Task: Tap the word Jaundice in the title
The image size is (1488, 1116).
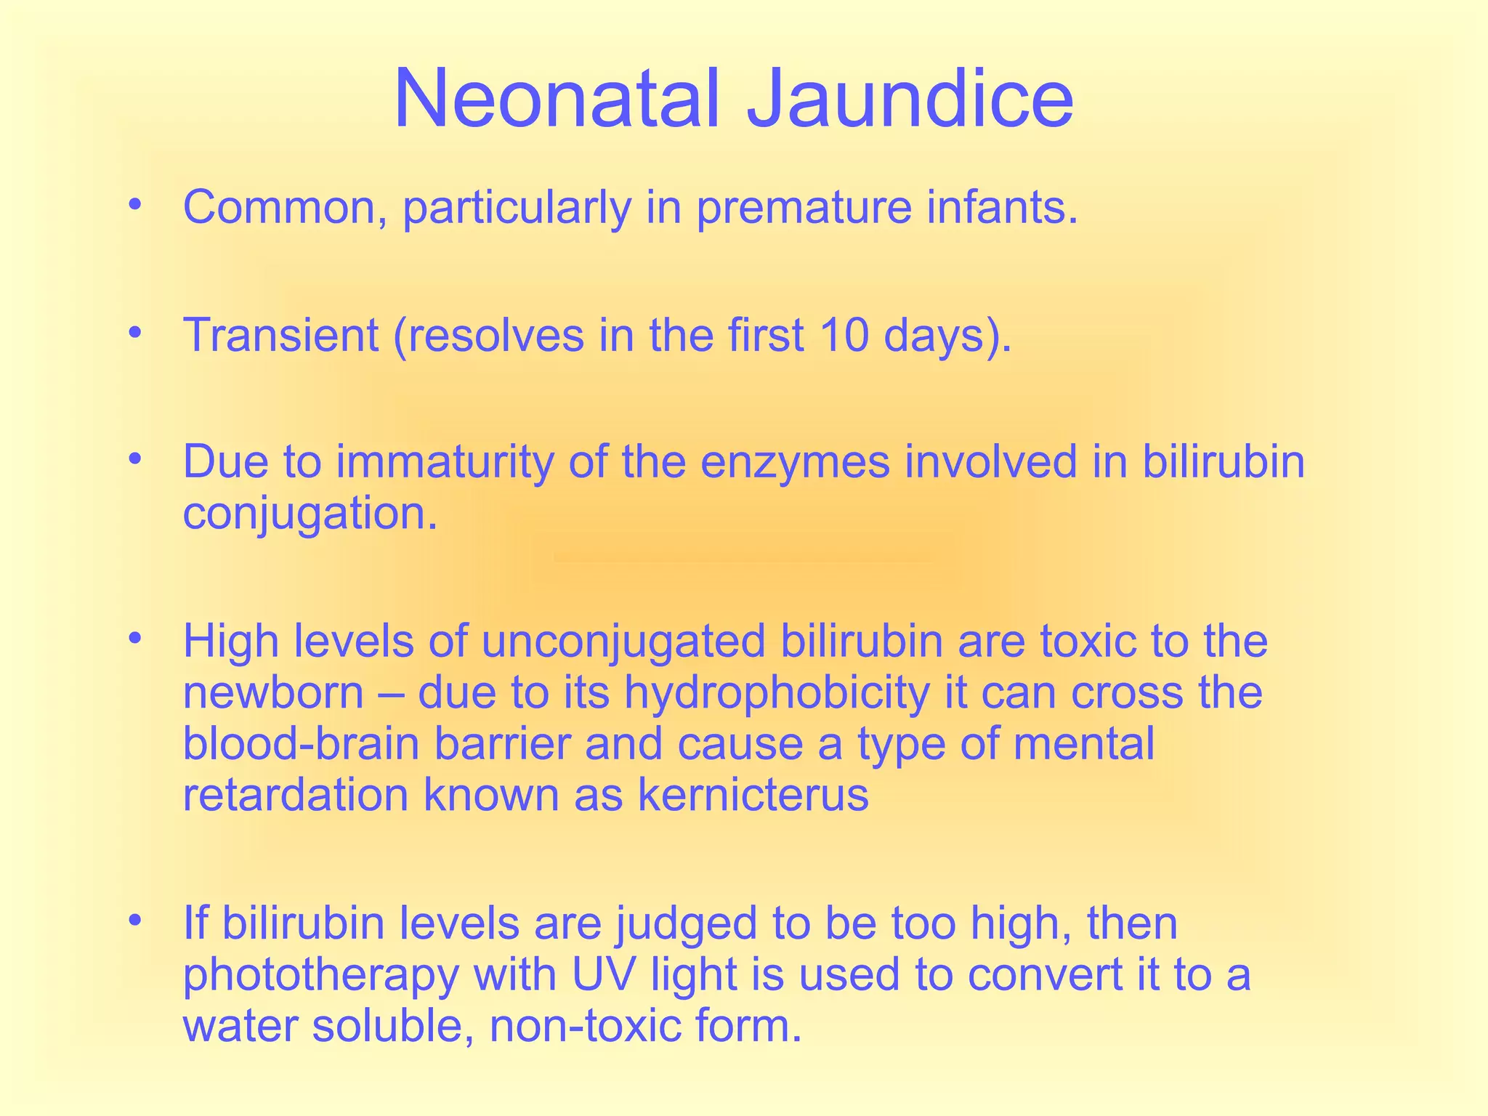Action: [910, 99]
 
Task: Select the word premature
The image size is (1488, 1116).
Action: [804, 209]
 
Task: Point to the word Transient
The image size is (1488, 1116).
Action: [280, 336]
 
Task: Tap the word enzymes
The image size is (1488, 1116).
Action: [795, 463]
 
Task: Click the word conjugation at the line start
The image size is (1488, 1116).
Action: [310, 515]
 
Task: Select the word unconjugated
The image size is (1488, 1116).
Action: [623, 642]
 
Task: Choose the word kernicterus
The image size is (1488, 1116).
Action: [753, 796]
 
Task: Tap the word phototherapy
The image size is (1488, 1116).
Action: [320, 976]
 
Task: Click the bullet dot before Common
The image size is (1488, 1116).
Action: [133, 205]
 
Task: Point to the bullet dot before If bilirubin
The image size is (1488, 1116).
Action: [133, 921]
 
